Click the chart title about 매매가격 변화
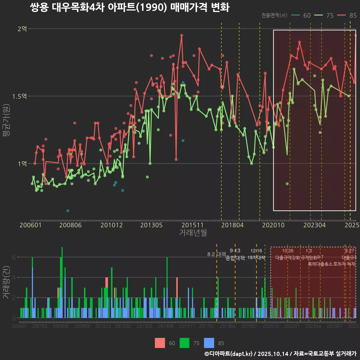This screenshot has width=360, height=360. pos(129,7)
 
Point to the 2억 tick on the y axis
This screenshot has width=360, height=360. pos(22,29)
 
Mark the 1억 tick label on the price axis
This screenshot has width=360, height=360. pos(22,164)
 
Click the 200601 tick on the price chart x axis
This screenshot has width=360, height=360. pos(30,225)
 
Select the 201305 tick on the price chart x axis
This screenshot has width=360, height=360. pos(151,225)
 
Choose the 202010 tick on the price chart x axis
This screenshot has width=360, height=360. pos(273,225)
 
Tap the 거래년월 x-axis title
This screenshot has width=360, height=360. pos(193,233)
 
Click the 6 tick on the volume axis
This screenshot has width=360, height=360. pos(13,258)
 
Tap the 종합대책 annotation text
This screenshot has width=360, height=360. pos(235,258)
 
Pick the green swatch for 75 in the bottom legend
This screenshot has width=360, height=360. pos(184,343)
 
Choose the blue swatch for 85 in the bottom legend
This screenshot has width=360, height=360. pos(209,343)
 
